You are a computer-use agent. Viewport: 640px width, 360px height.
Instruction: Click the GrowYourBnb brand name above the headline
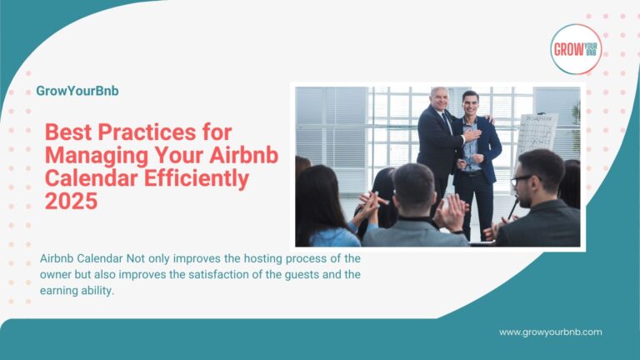pos(77,91)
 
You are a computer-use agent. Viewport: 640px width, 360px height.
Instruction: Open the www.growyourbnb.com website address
pos(550,332)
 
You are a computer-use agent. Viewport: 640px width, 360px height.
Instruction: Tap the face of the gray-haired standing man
pos(439,98)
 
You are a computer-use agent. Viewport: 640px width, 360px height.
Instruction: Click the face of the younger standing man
pos(470,104)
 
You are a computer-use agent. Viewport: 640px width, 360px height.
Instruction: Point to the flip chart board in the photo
pos(537,134)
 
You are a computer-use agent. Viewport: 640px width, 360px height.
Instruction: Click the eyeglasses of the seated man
pos(521,178)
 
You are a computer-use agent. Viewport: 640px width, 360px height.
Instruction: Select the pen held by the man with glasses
pos(509,209)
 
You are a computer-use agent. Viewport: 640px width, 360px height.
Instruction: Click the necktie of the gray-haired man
pos(447,125)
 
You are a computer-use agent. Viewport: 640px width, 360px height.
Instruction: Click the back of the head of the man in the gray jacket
pos(413,188)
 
